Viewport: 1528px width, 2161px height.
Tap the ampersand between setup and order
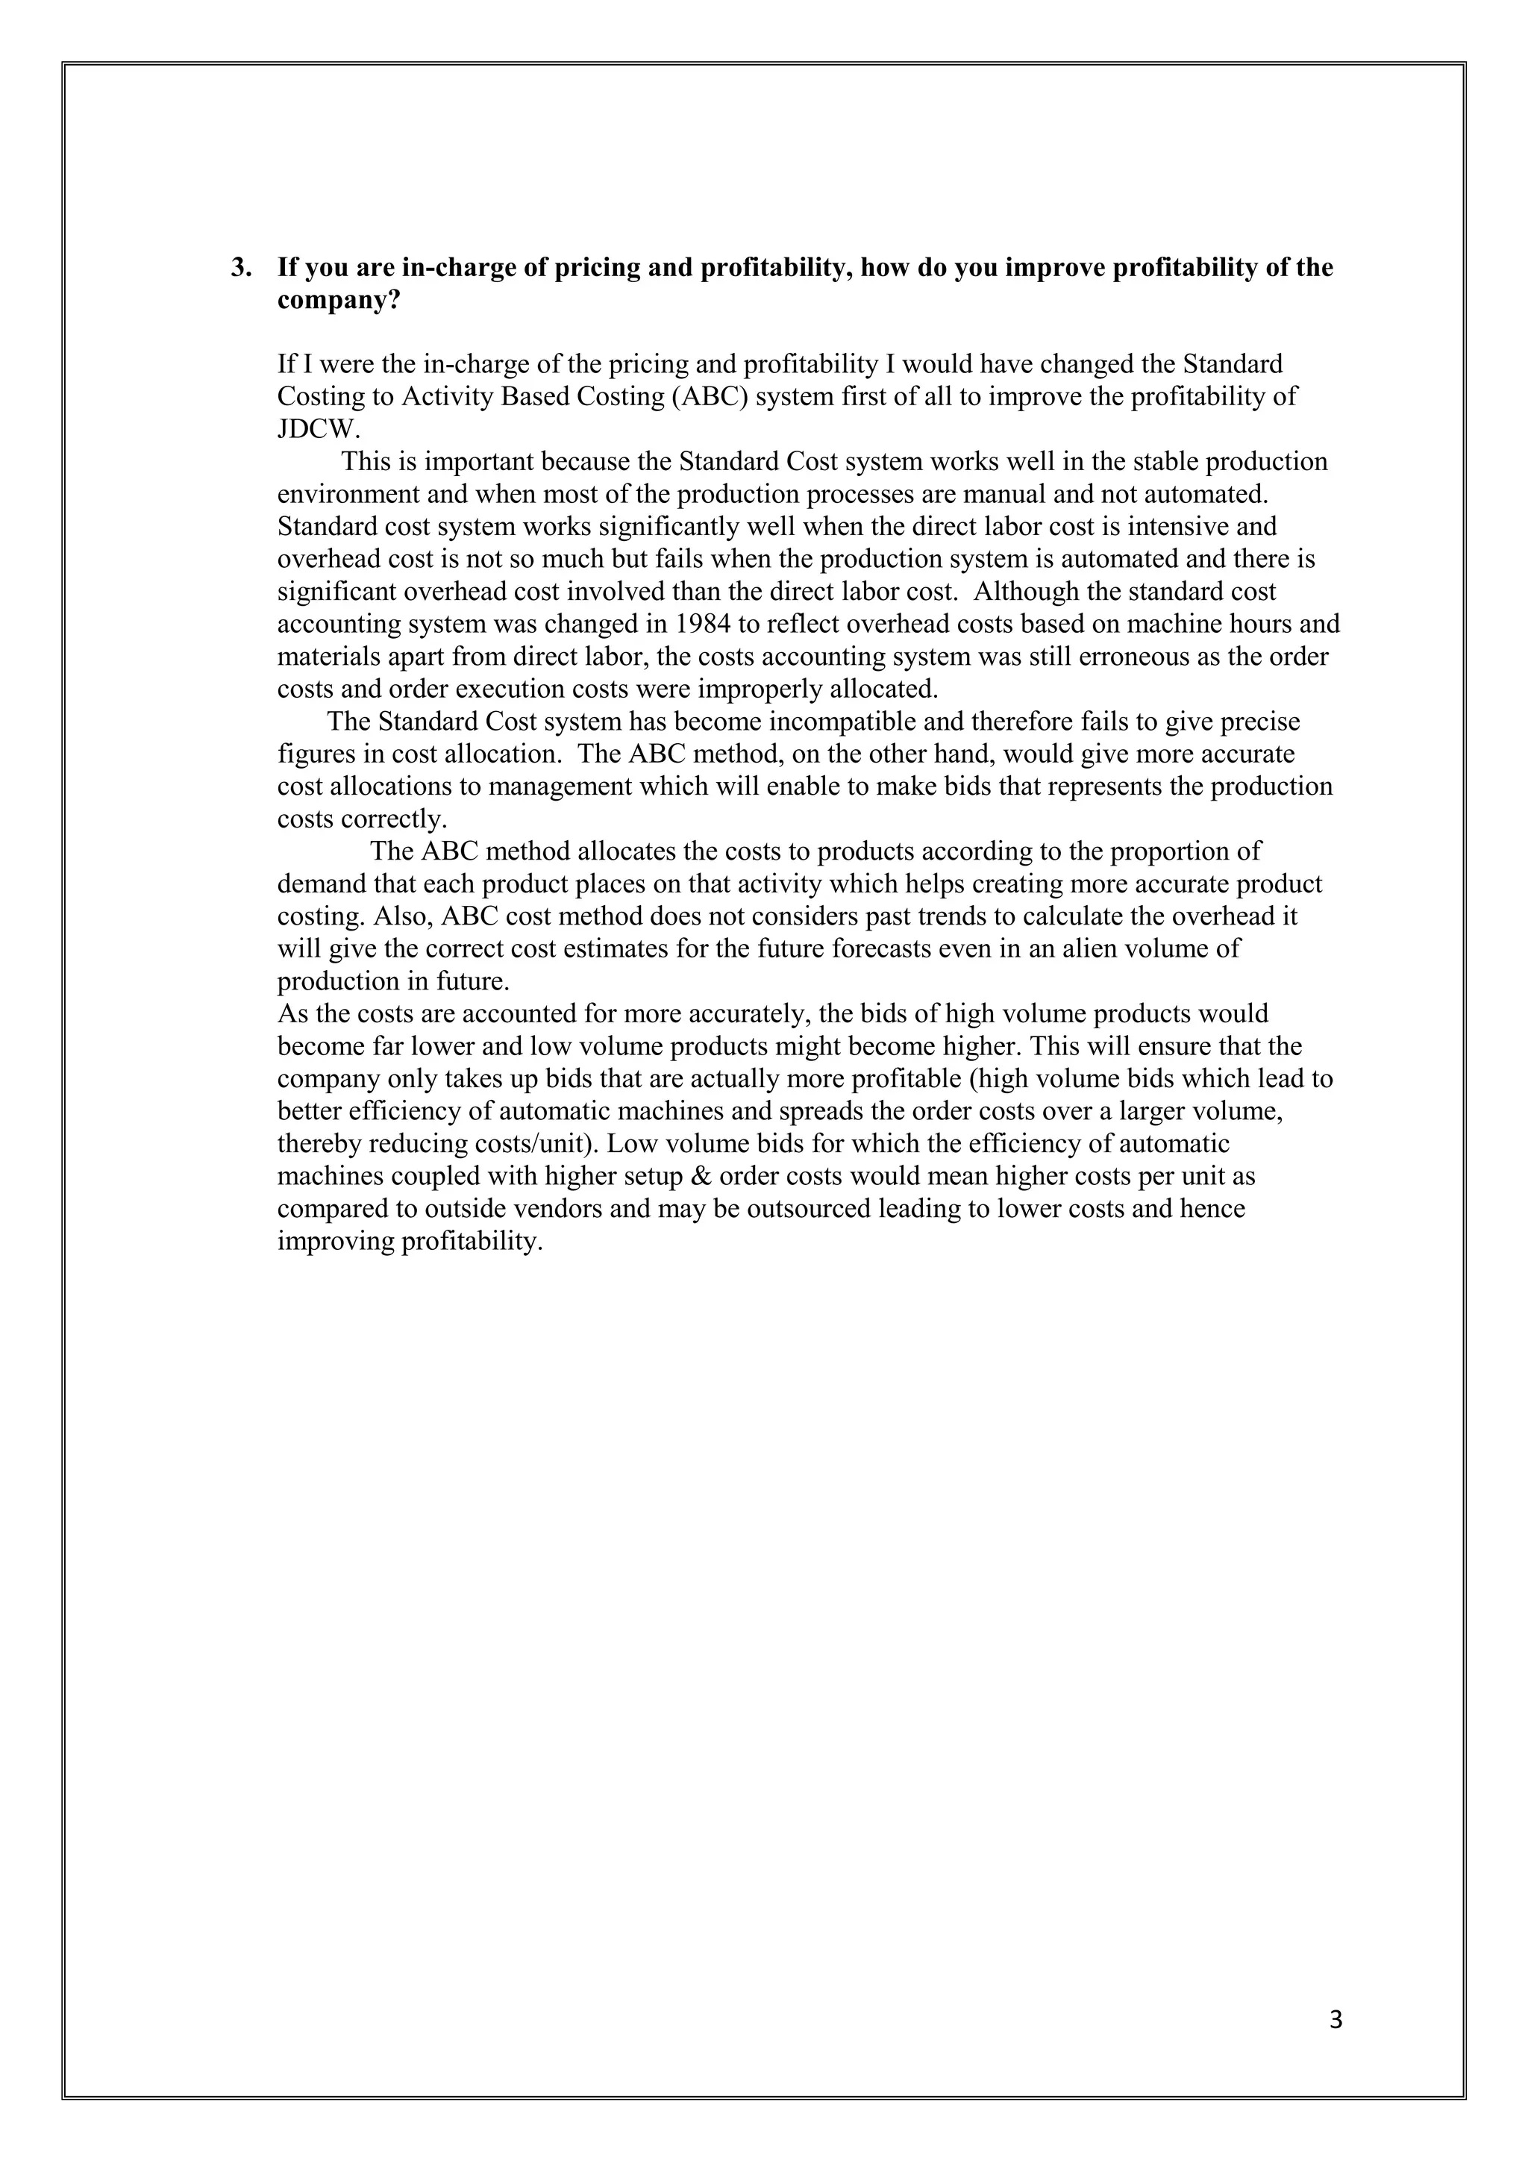click(x=702, y=1177)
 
